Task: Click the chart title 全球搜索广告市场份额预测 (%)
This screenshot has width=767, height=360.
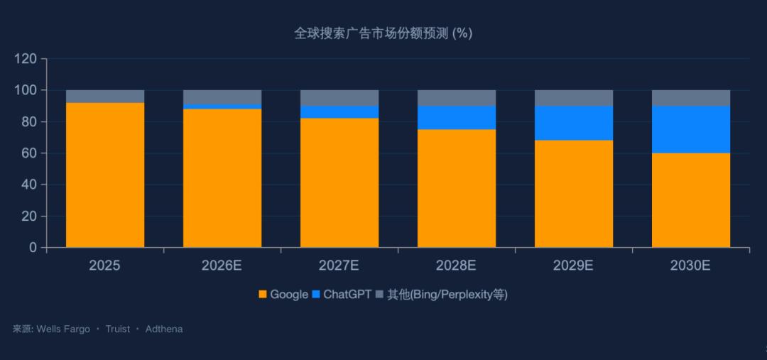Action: click(x=383, y=33)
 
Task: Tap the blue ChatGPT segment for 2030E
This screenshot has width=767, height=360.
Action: click(x=690, y=129)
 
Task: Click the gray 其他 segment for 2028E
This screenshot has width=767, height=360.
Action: click(x=457, y=98)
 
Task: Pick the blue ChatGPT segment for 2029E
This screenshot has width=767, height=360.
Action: click(x=574, y=123)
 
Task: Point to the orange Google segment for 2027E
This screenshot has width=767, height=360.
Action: click(x=339, y=182)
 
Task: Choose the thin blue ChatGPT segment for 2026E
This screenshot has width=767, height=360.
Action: click(x=222, y=107)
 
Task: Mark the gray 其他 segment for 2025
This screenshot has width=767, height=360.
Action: click(x=105, y=97)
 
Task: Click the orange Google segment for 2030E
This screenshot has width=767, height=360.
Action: click(x=690, y=200)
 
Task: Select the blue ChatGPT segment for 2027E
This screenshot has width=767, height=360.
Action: click(x=339, y=112)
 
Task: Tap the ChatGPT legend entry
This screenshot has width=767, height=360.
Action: click(x=342, y=294)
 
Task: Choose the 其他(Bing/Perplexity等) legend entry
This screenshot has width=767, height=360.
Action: click(x=441, y=294)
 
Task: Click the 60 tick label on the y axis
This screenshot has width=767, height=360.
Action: click(x=29, y=153)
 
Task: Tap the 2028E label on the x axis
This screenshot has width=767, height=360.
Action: click(x=457, y=266)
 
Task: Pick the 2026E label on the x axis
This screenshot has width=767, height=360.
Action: click(x=222, y=266)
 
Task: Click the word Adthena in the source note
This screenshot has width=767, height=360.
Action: click(x=164, y=329)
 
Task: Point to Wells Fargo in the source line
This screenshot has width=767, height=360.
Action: click(x=63, y=329)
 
